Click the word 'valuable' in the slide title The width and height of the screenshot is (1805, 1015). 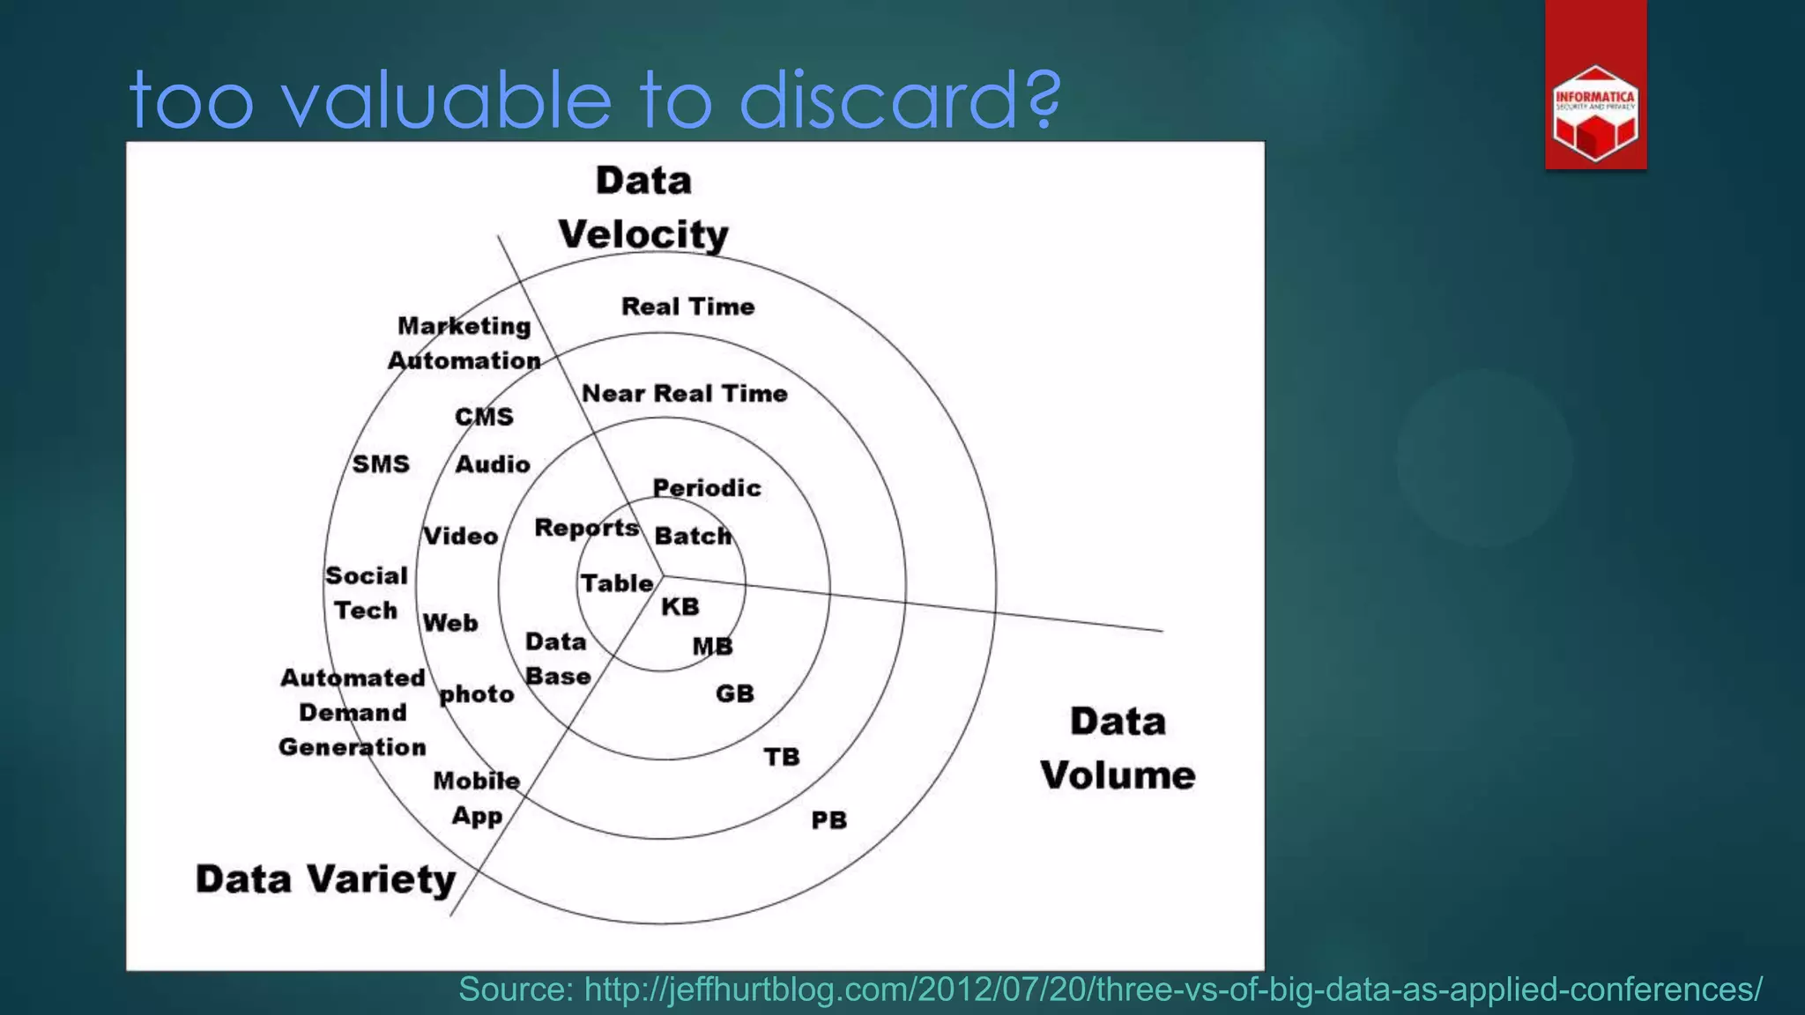pyautogui.click(x=446, y=100)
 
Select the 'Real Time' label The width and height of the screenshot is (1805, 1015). pyautogui.click(x=688, y=307)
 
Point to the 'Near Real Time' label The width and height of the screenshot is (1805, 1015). pyautogui.click(x=685, y=393)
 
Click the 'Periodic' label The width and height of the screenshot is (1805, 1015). pyautogui.click(x=707, y=488)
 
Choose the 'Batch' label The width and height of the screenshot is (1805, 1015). pyautogui.click(x=693, y=536)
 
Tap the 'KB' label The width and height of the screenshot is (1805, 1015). pyautogui.click(x=680, y=606)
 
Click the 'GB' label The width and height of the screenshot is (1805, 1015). pyautogui.click(x=735, y=693)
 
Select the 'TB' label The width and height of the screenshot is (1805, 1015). pyautogui.click(x=782, y=757)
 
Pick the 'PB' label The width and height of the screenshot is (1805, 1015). pyautogui.click(x=828, y=820)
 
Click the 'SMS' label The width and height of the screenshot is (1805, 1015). pyautogui.click(x=381, y=464)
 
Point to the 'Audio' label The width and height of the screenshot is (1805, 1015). pyautogui.click(x=493, y=464)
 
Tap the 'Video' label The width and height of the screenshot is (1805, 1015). pyautogui.click(x=461, y=536)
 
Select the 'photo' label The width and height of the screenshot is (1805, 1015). pyautogui.click(x=477, y=694)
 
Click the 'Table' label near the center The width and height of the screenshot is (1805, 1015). pyautogui.click(x=617, y=583)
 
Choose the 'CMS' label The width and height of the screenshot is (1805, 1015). pyautogui.click(x=484, y=417)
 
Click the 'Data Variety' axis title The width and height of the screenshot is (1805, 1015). pyautogui.click(x=326, y=879)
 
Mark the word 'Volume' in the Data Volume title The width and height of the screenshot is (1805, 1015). pyautogui.click(x=1118, y=775)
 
